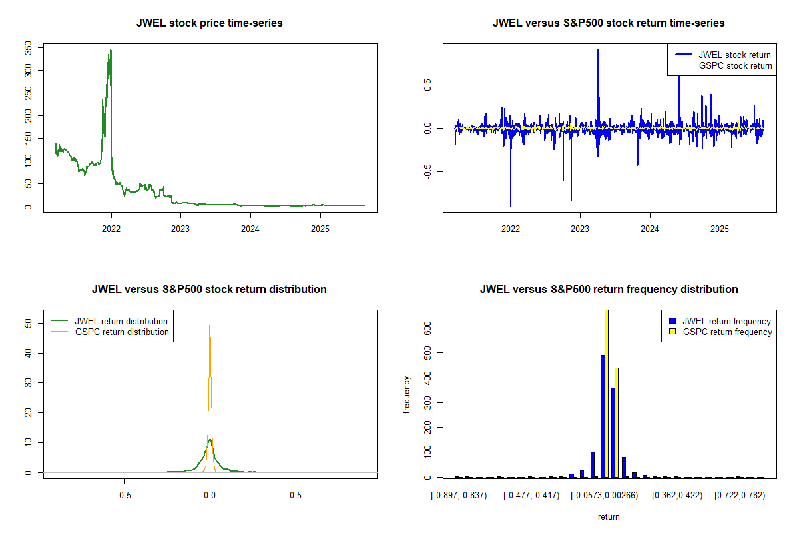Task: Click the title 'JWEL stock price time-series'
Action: tap(210, 23)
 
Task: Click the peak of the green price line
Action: tap(111, 50)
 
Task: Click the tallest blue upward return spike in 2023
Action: tap(598, 51)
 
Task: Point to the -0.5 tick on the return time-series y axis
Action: tap(427, 172)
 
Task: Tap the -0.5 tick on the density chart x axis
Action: tap(123, 496)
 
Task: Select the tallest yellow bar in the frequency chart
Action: tap(606, 393)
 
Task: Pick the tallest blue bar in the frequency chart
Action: tap(603, 416)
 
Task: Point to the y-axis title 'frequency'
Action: tap(407, 394)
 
